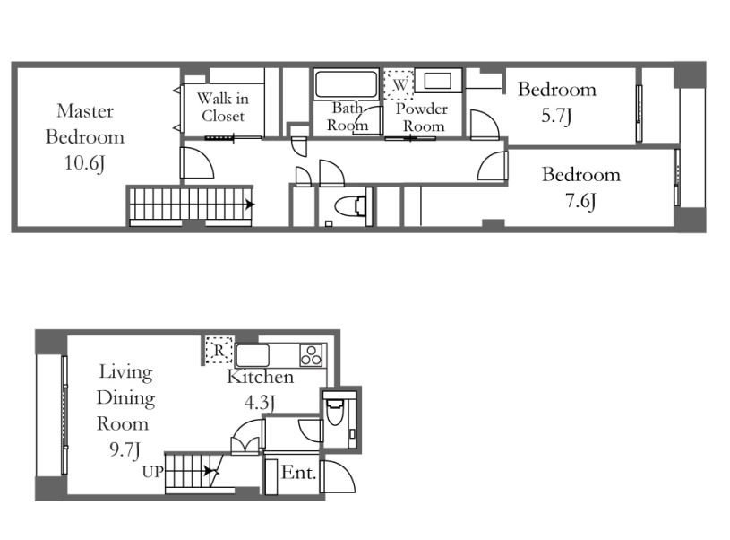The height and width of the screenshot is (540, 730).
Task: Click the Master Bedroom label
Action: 85,124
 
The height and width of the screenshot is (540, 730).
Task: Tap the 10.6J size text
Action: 85,163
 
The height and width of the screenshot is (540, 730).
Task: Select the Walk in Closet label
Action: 222,107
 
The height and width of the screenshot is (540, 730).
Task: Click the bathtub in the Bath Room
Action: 346,84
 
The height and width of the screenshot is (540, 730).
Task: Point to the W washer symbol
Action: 399,84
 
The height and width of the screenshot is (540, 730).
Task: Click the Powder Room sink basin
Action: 438,81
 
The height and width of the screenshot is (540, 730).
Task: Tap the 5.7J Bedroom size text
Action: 556,116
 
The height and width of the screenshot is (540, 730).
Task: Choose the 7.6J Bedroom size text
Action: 580,201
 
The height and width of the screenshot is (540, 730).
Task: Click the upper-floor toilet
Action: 350,205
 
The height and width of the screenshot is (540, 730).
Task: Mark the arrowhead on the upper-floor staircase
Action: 251,205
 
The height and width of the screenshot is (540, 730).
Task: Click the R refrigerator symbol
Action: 219,350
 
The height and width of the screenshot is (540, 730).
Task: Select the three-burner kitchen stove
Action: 312,355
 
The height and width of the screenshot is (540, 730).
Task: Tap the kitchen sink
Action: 253,356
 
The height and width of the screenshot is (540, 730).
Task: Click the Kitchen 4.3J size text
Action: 260,403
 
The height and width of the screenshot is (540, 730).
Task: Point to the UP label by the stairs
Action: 152,472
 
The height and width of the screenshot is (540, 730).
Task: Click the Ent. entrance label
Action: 298,473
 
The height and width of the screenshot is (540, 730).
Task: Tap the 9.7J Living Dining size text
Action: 125,450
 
